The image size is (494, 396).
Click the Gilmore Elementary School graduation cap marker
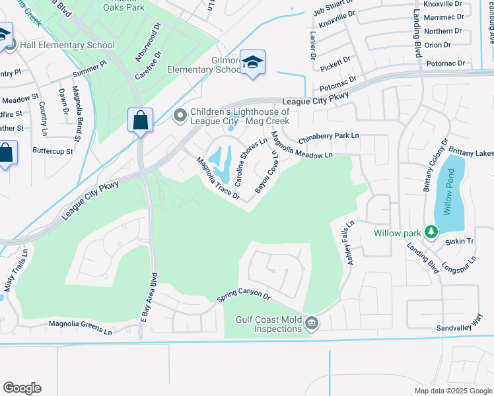click(252, 62)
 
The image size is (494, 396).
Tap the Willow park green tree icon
click(431, 232)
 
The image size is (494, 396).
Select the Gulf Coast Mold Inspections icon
click(312, 323)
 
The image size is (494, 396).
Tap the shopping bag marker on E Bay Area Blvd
click(140, 121)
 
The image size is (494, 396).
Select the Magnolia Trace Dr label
click(217, 178)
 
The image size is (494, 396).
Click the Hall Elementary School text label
click(67, 46)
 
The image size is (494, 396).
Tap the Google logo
click(22, 388)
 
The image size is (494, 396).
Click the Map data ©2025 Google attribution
click(452, 391)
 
